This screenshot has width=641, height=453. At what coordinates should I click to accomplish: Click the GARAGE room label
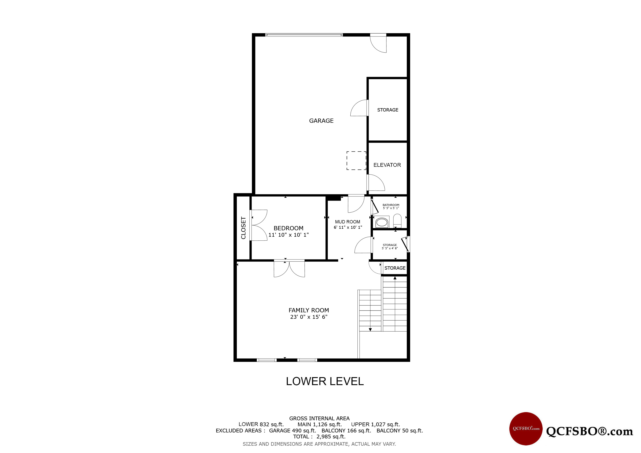tap(321, 121)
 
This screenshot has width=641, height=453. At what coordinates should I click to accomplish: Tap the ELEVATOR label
tap(387, 165)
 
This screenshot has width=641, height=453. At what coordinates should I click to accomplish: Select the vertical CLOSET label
tap(243, 228)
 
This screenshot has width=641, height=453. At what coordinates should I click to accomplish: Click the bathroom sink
tap(382, 222)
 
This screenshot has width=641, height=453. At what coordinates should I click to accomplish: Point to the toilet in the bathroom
tap(397, 221)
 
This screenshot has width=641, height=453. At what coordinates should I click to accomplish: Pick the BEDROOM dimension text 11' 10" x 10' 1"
tap(288, 235)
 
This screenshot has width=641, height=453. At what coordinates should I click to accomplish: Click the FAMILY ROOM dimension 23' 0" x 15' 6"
tap(309, 317)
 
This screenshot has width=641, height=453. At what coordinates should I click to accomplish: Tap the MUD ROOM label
tap(348, 222)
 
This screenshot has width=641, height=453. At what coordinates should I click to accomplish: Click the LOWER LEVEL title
tap(325, 381)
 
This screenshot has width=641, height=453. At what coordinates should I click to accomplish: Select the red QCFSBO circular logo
tap(526, 429)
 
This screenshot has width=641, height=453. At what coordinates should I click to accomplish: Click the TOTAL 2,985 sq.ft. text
tap(319, 437)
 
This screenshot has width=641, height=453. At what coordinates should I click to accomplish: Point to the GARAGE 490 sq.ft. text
tap(292, 431)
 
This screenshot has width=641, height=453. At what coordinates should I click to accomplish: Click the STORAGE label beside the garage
tap(388, 110)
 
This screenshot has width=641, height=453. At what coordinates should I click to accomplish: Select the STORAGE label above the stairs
tap(395, 268)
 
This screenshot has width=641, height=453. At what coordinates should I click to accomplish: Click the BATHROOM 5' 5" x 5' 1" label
tap(391, 206)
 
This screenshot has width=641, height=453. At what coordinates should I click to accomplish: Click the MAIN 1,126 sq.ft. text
tap(320, 424)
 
